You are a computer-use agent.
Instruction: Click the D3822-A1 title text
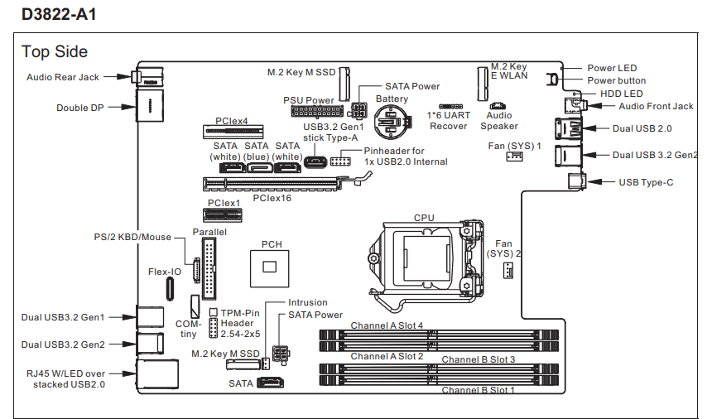click(x=59, y=14)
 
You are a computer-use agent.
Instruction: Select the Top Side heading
click(x=55, y=51)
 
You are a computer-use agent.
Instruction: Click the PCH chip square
click(x=269, y=268)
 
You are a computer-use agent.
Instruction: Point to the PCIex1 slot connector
click(x=222, y=215)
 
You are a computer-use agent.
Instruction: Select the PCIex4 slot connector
click(x=233, y=132)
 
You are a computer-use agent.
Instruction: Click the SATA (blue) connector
click(x=260, y=167)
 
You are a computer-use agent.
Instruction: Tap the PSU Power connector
click(x=317, y=111)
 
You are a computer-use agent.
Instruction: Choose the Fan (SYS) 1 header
click(x=514, y=157)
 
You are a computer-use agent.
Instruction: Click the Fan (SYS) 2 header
click(x=508, y=271)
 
